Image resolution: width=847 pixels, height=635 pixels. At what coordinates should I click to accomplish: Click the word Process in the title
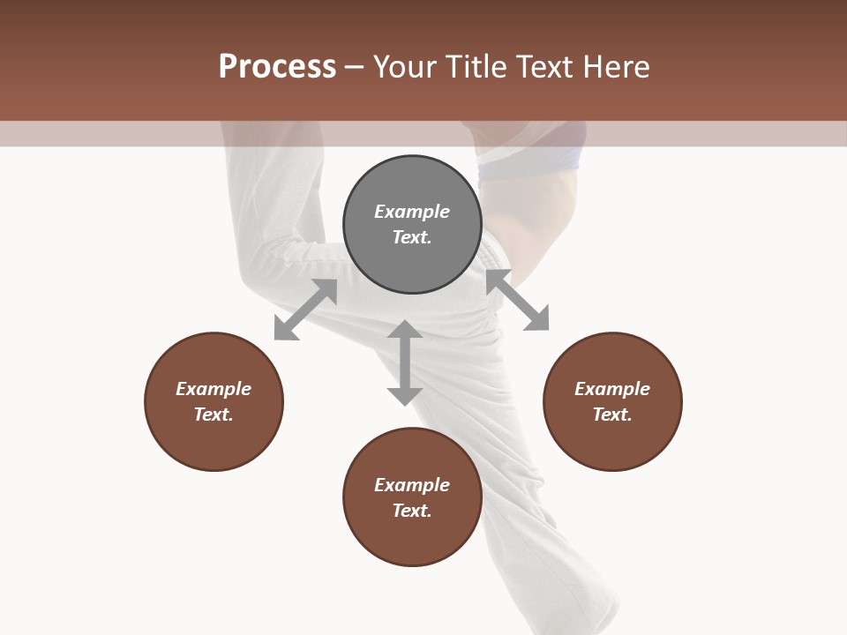pos(277,67)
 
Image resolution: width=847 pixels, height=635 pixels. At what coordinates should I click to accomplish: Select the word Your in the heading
pos(407,67)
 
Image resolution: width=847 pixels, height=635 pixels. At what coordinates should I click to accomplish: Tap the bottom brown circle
pos(412,538)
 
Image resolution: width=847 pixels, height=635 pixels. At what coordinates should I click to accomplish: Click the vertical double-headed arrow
pos(404,362)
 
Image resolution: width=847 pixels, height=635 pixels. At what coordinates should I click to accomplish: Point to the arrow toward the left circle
pos(305,310)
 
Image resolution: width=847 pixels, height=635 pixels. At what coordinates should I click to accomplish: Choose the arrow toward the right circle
pos(518,301)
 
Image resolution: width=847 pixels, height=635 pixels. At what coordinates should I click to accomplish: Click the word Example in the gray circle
pos(412,212)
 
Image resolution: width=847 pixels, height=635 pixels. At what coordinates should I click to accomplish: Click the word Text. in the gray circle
pos(412,237)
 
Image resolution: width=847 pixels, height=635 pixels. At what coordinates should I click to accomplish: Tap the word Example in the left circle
pos(214,389)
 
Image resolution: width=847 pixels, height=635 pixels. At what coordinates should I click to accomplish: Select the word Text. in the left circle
pos(214,415)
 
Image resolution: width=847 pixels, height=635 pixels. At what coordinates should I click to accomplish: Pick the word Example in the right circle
pos(612,389)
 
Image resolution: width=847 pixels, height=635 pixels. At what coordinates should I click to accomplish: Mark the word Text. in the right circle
pos(612,415)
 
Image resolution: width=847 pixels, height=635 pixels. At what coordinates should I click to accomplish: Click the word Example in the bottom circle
pos(412,485)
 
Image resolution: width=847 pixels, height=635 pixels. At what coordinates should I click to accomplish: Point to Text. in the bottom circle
pos(412,511)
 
